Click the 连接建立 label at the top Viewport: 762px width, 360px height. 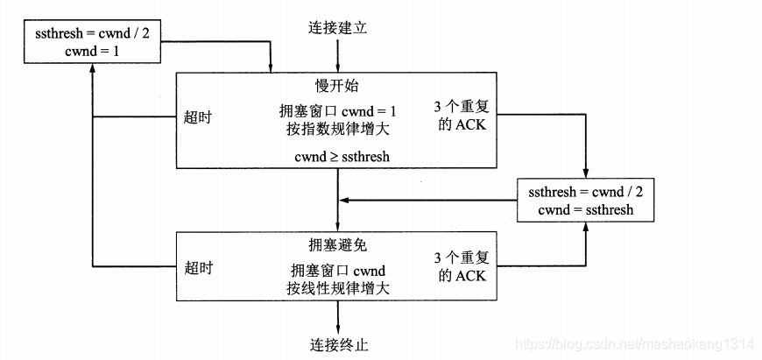coord(337,27)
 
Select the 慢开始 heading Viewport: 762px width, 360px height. coord(337,86)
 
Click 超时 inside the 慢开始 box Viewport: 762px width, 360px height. coord(199,116)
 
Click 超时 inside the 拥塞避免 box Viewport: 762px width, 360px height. coord(199,267)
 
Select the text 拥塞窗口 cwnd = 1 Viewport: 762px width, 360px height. coord(337,111)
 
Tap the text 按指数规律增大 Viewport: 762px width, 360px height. coord(337,129)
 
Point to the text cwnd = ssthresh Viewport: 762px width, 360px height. coord(585,210)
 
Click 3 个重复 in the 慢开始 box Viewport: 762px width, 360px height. coord(463,106)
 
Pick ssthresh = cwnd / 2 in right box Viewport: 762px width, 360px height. coord(585,192)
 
